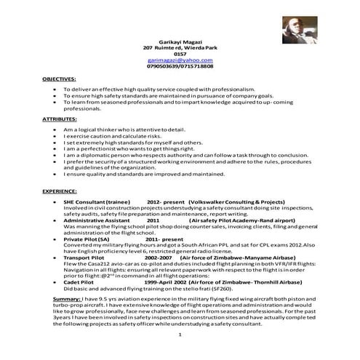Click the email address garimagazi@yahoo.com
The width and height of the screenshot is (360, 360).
click(x=180, y=60)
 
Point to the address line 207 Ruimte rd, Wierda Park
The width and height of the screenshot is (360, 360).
click(x=180, y=47)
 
